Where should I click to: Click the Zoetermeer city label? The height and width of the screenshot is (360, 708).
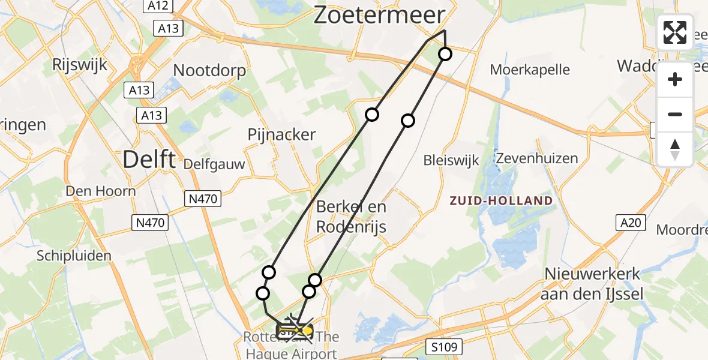[380, 16]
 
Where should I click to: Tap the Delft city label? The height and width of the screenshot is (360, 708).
[149, 160]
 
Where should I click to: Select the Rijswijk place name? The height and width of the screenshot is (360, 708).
[80, 64]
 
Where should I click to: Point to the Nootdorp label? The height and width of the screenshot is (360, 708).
[209, 71]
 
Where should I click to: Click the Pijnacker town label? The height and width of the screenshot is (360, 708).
[281, 135]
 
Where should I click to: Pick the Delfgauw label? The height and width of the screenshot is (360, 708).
[214, 164]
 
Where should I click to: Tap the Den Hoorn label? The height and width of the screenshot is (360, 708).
[101, 191]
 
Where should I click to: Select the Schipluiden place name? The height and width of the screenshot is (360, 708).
[74, 256]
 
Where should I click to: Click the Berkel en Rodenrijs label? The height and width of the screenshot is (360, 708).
[351, 217]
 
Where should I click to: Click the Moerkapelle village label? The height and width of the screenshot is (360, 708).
[530, 70]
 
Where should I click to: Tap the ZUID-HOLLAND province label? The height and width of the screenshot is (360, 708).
[502, 200]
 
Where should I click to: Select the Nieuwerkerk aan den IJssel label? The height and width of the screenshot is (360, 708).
[592, 284]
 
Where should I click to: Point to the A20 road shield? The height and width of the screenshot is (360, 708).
[631, 223]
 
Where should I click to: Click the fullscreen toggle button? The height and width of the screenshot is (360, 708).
[675, 32]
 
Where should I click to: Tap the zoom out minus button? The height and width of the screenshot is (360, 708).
[675, 114]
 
